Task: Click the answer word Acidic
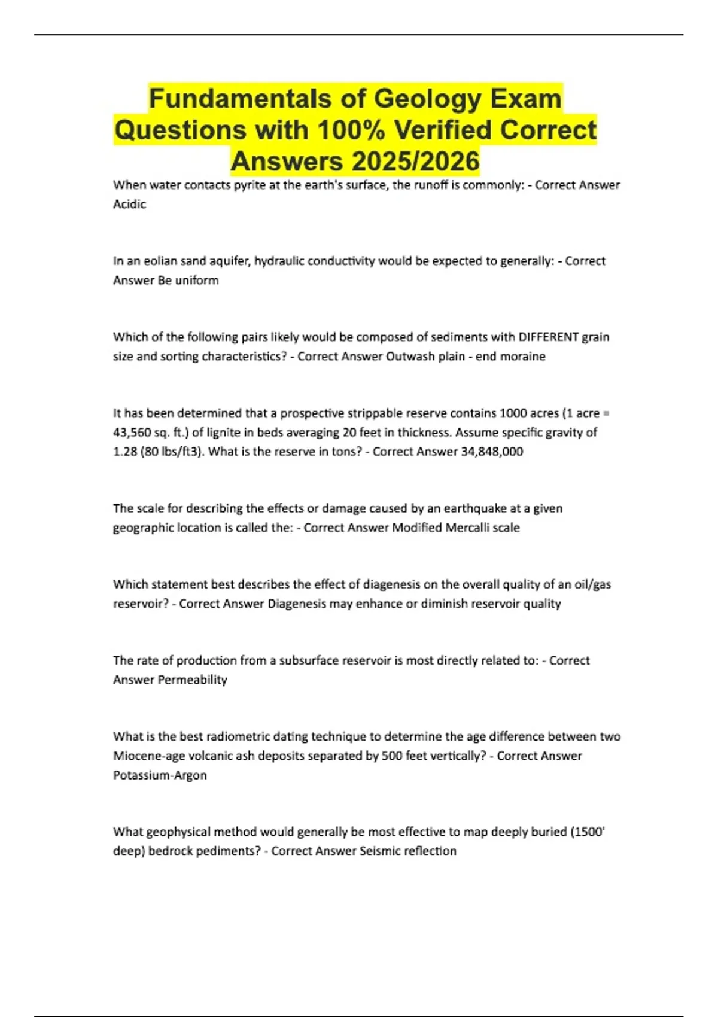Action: [x=130, y=204]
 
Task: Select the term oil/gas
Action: [x=592, y=584]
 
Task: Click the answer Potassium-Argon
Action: [x=160, y=775]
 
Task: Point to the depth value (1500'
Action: [x=588, y=832]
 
